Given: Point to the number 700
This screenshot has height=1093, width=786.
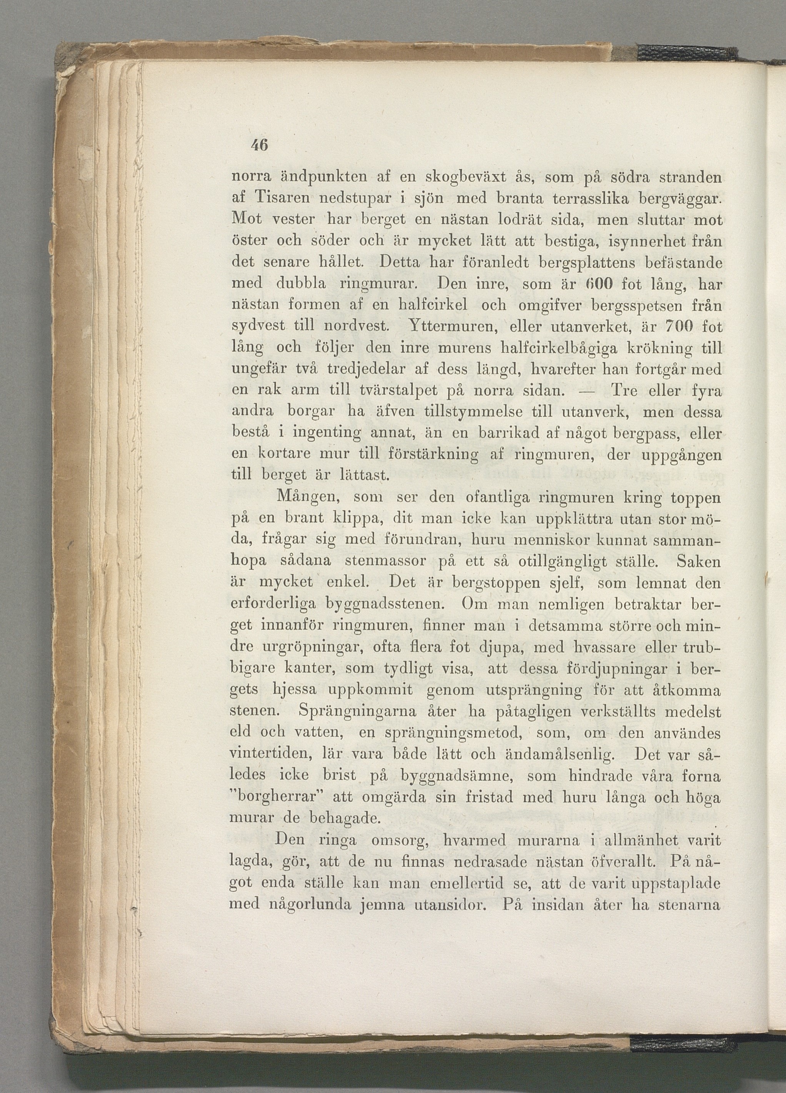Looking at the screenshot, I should coord(678,327).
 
